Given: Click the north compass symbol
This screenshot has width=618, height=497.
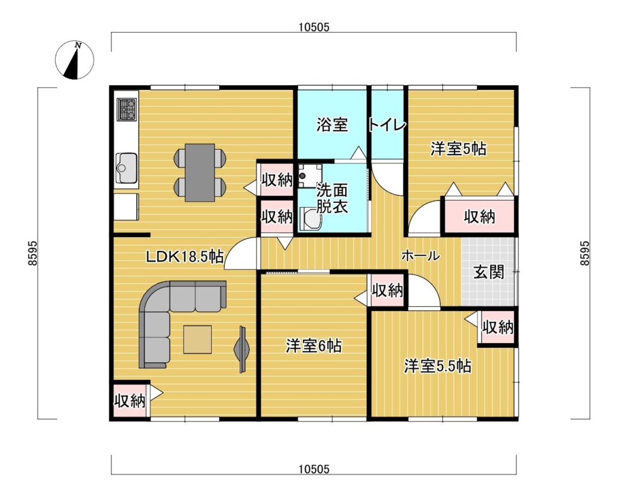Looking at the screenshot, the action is click(74, 60).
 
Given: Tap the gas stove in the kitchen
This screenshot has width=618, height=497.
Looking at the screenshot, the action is click(127, 109).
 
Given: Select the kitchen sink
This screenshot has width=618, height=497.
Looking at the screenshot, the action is click(126, 168).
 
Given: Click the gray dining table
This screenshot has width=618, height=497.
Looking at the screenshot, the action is click(200, 172).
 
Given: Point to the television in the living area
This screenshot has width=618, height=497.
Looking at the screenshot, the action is click(242, 349).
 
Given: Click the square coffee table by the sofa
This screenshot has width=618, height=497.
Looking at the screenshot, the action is click(197, 339).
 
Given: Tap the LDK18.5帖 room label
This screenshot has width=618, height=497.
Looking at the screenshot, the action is click(185, 257).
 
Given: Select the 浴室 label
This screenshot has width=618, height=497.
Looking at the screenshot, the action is click(333, 124).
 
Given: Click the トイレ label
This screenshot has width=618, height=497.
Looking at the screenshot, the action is click(387, 125).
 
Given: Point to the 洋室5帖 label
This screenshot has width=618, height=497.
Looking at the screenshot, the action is click(458, 149).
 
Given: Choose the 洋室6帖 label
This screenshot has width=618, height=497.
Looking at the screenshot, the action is click(314, 346).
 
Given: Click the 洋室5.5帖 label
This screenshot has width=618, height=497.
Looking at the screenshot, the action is click(437, 366).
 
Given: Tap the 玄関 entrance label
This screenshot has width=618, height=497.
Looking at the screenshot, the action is click(489, 272).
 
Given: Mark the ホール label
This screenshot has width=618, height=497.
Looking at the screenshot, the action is click(421, 257).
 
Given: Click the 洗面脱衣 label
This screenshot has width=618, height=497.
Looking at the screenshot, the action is click(333, 199).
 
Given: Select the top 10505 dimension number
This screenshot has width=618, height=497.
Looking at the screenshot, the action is click(314, 27).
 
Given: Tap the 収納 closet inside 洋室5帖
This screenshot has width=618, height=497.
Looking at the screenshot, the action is click(479, 217).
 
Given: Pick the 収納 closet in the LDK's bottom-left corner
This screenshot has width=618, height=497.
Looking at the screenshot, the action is click(130, 401).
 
